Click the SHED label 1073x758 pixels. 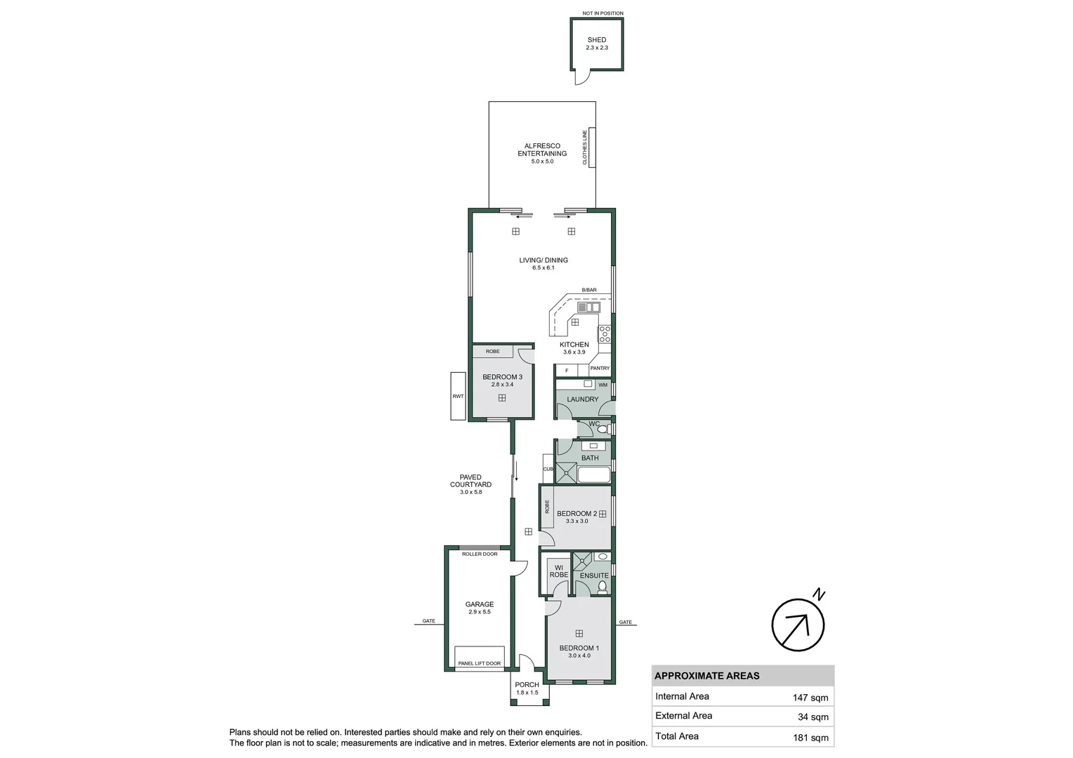click(x=596, y=40)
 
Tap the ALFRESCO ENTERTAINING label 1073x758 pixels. click(x=542, y=149)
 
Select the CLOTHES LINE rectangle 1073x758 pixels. click(x=592, y=147)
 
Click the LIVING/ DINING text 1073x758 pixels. click(x=544, y=260)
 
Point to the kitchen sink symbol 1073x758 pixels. click(x=588, y=307)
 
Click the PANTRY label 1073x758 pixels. click(x=600, y=368)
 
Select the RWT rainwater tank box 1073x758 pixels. click(x=458, y=397)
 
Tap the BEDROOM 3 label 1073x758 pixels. click(x=502, y=377)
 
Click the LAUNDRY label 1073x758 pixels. click(x=582, y=399)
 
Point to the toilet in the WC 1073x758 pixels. click(x=602, y=428)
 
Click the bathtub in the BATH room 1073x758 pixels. click(x=593, y=475)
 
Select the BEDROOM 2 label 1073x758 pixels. click(x=577, y=514)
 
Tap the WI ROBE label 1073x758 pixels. click(x=559, y=571)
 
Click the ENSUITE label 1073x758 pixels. click(x=594, y=576)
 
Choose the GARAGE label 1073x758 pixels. click(x=480, y=604)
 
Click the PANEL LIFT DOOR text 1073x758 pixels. click(x=480, y=663)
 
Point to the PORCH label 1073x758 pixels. click(x=527, y=685)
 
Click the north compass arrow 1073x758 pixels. click(x=798, y=625)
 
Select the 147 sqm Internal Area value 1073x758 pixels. click(x=810, y=698)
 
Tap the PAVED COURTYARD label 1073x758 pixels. click(x=470, y=481)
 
